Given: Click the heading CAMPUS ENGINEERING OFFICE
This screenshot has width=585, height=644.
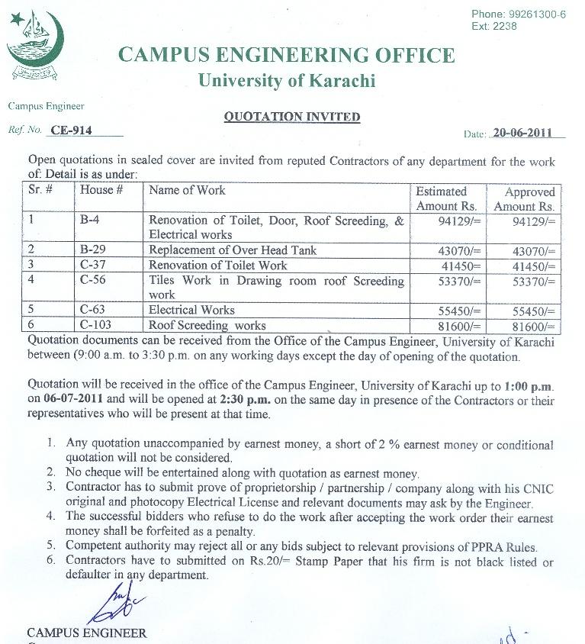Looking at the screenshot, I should (x=286, y=56).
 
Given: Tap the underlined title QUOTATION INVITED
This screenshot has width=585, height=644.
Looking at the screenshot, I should (x=291, y=117).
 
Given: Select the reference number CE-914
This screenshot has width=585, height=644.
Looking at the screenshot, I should (x=71, y=130).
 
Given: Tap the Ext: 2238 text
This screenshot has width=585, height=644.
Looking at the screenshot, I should (x=493, y=26).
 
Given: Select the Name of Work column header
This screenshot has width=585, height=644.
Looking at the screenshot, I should (x=187, y=190).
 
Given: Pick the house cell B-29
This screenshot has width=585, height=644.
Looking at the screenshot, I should (x=93, y=250).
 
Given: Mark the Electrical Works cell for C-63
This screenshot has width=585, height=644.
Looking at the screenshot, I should (x=191, y=311).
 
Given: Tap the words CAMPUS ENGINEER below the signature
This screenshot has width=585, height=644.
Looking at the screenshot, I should (x=86, y=633).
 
